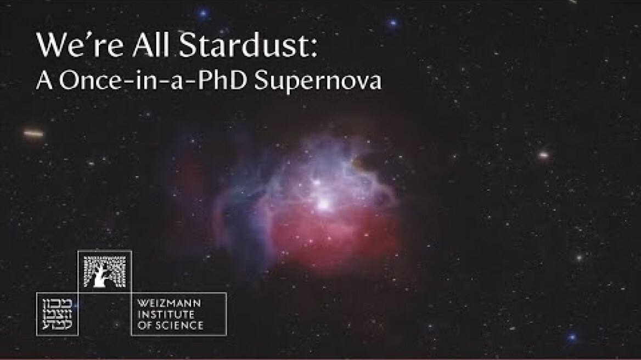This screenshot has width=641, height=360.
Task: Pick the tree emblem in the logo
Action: pyautogui.click(x=104, y=271)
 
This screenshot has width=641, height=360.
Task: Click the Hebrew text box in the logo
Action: pyautogui.click(x=57, y=314)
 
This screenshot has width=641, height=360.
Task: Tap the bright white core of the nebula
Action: pyautogui.click(x=324, y=204)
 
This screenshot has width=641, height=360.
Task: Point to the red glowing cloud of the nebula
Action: pyautogui.click(x=329, y=236)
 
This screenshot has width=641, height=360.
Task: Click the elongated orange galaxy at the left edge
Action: pyautogui.click(x=33, y=133)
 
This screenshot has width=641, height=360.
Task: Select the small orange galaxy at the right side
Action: pyautogui.click(x=543, y=155)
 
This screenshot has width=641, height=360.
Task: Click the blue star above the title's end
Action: pyautogui.click(x=393, y=23)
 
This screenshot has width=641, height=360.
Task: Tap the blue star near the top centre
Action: pyautogui.click(x=203, y=12)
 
